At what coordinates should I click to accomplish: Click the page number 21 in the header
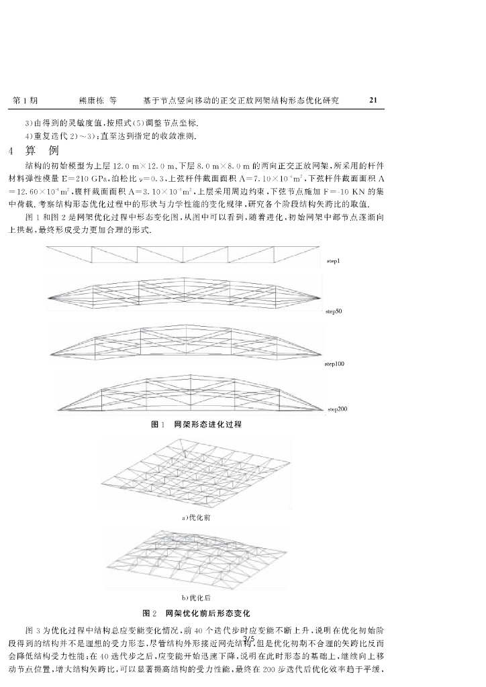tap(373, 101)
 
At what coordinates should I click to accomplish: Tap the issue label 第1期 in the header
tap(25, 101)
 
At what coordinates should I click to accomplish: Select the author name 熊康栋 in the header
tap(91, 101)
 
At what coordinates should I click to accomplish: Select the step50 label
tap(334, 311)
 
